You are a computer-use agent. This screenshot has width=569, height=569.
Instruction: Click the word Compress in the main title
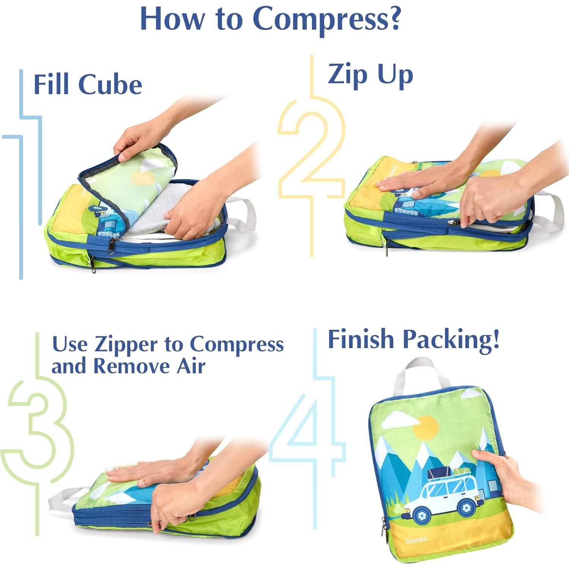(326, 19)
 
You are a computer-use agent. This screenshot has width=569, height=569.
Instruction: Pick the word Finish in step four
(361, 339)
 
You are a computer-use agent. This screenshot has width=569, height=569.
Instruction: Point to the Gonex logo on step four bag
(416, 540)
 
